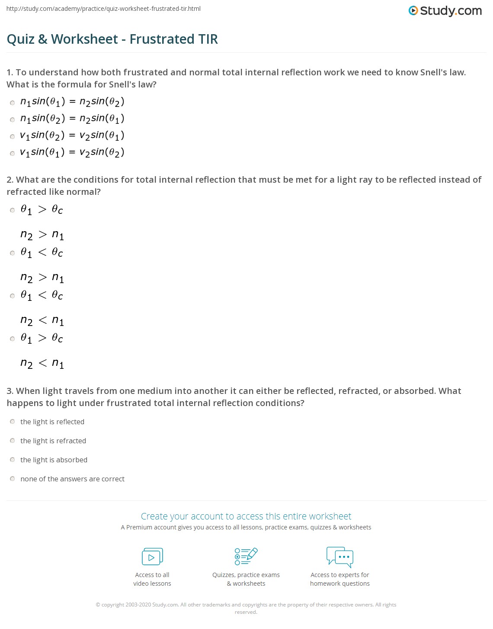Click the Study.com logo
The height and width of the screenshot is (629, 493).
point(445,11)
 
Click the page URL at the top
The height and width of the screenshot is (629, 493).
point(103,9)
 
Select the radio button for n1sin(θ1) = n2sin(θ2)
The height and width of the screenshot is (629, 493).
point(13,103)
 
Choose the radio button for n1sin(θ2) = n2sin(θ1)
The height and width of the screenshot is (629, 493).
point(13,120)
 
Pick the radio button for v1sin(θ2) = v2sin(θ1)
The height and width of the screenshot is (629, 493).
point(13,137)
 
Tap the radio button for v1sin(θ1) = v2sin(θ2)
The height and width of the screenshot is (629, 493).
point(13,154)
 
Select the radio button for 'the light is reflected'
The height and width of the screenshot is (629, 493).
point(13,422)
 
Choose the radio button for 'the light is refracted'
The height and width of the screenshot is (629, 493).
point(13,441)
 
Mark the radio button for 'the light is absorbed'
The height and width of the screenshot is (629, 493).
point(13,460)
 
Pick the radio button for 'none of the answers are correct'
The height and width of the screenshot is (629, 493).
point(13,479)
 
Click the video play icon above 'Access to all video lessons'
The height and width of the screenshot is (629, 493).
point(152,557)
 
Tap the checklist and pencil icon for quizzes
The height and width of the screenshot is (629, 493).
point(246,556)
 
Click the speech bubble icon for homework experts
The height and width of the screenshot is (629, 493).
point(340,557)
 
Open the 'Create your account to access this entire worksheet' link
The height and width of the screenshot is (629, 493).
point(246,516)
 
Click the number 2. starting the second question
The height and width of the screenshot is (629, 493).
point(10,180)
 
